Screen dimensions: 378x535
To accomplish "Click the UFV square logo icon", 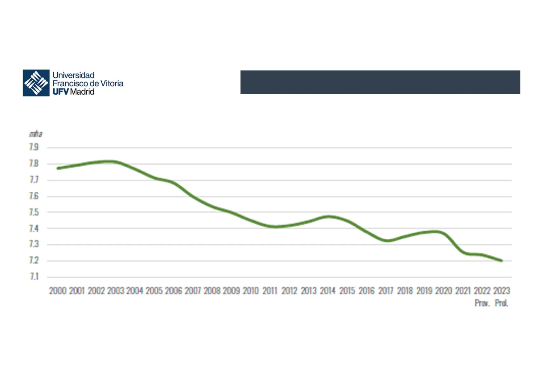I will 36,83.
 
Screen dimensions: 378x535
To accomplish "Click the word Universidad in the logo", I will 73,75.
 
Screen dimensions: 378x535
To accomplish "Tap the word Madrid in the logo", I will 82,92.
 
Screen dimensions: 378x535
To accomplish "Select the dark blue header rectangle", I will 380,82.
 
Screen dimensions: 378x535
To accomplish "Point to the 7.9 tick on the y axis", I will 34,147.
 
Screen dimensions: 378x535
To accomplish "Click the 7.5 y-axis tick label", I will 34,212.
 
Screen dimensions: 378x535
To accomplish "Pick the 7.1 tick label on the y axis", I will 34,277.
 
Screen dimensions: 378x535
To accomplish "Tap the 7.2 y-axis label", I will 34,260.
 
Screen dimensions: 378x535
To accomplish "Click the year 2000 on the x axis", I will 58,291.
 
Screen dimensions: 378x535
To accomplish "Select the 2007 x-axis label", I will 193,291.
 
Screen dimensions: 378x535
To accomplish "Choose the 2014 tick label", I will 328,291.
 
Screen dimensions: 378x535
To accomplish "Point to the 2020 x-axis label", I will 444,291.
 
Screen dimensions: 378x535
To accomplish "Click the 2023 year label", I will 501,291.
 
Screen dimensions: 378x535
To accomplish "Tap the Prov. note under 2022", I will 482,303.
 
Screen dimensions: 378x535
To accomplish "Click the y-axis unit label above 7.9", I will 36,134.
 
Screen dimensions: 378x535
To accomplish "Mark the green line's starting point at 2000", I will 58,168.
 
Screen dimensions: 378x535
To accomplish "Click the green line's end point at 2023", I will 501,261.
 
